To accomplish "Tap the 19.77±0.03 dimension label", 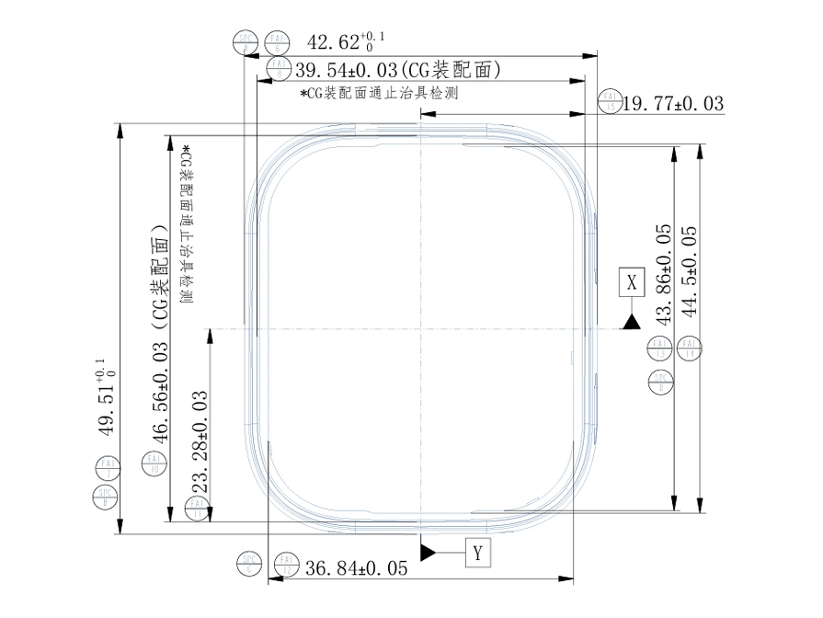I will (x=673, y=104).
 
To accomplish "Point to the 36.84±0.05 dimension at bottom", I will (x=355, y=568).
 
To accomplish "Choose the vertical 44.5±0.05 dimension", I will (x=692, y=271).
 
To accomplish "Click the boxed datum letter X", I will (x=631, y=282).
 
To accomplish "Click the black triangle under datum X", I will (x=631, y=321).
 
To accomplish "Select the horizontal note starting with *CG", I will (x=379, y=93).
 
